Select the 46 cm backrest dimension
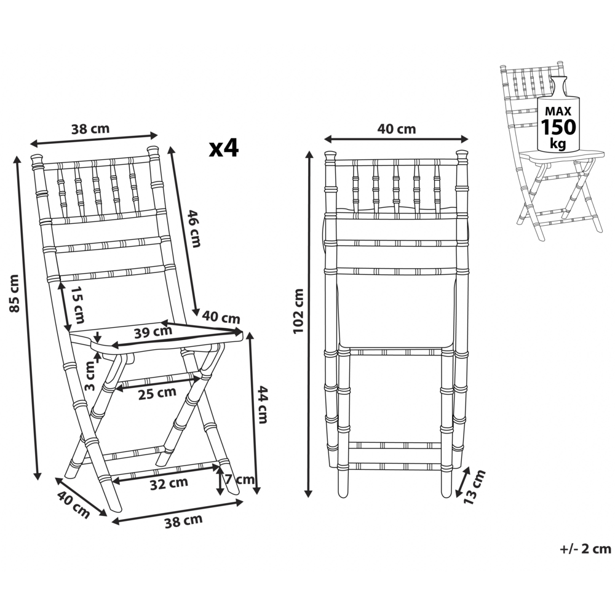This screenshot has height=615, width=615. click(x=194, y=228)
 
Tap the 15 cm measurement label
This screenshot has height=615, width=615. click(x=77, y=305)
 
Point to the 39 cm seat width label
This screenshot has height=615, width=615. click(x=153, y=332)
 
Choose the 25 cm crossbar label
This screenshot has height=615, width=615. click(x=157, y=393)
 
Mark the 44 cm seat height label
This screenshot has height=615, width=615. click(x=262, y=405)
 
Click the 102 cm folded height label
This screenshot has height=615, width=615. click(x=298, y=311)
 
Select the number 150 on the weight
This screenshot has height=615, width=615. click(x=558, y=127)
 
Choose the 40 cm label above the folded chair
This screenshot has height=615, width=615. click(x=396, y=129)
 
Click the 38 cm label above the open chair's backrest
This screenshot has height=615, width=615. click(x=90, y=129)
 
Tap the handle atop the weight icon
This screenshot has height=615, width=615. click(x=558, y=84)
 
